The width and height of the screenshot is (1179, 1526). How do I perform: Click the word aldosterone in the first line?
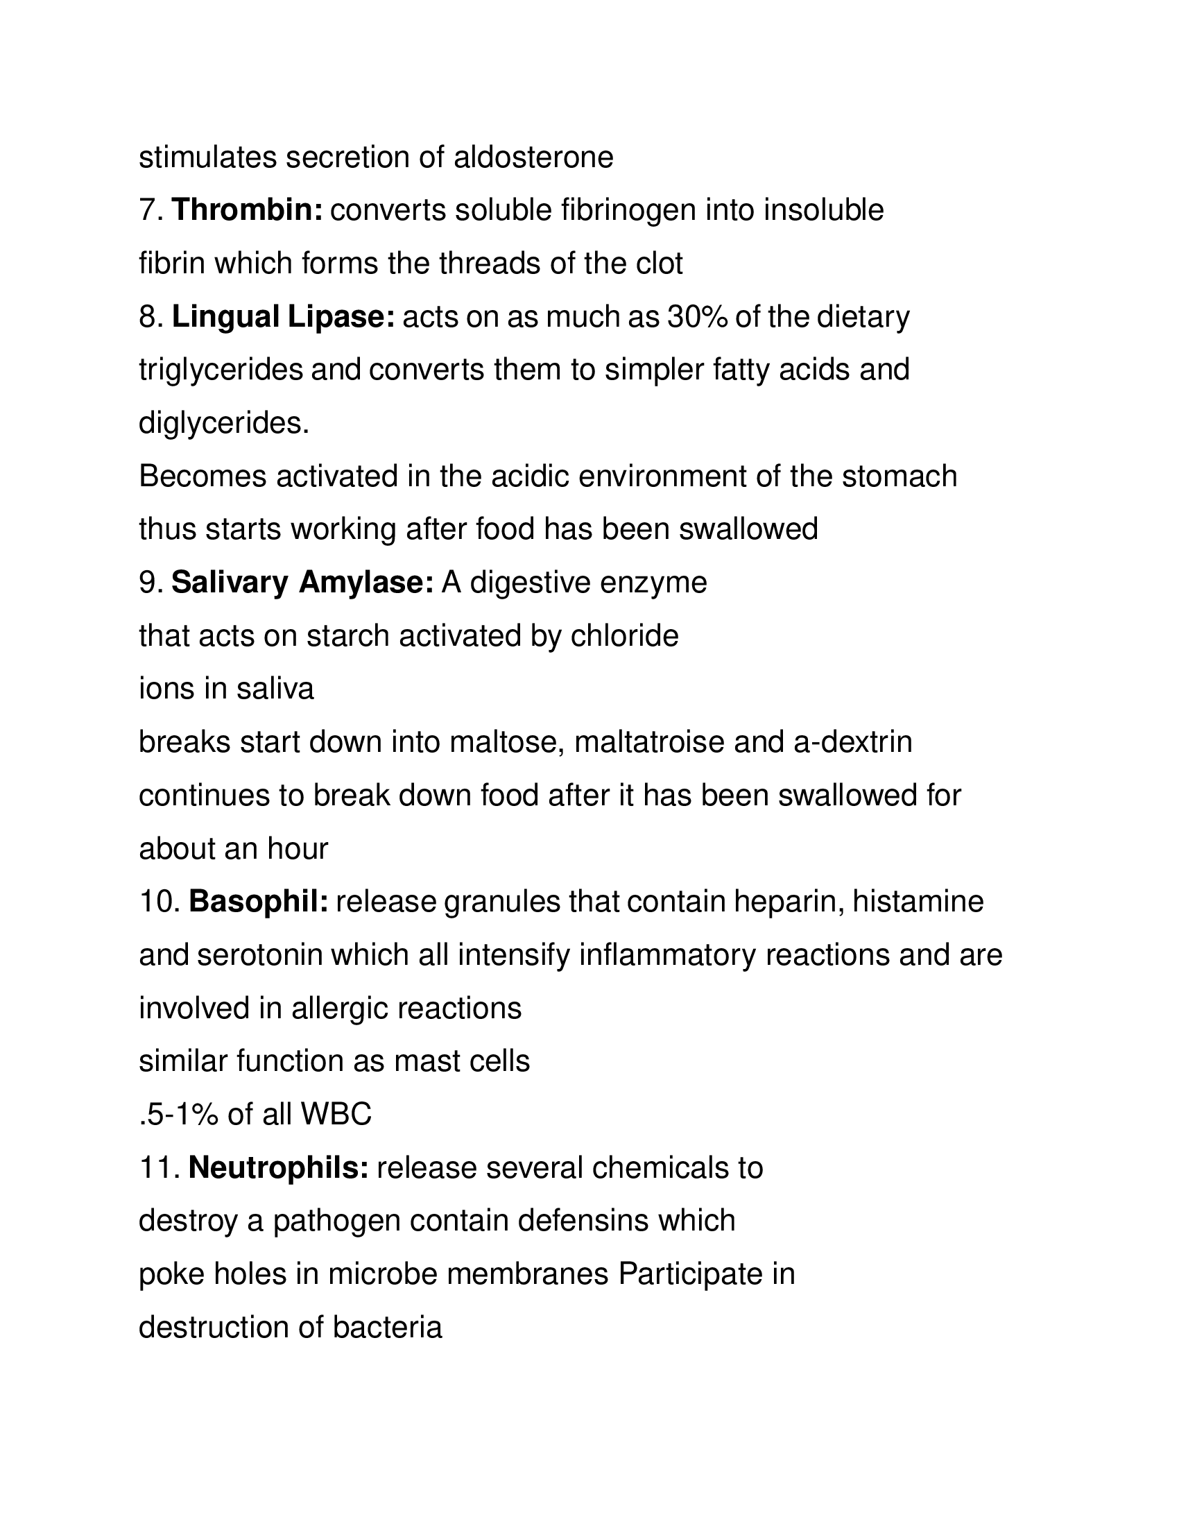(x=533, y=158)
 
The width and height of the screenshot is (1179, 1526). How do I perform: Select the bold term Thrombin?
(x=248, y=211)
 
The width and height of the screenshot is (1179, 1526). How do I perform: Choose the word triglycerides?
(x=221, y=370)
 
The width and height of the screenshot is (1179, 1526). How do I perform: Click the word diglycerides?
(x=223, y=423)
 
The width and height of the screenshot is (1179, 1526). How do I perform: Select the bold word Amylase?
(x=366, y=583)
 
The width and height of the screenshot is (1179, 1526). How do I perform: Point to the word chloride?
(x=624, y=637)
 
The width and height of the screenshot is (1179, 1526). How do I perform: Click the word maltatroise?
(x=649, y=743)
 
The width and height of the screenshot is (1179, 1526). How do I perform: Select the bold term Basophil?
(x=259, y=902)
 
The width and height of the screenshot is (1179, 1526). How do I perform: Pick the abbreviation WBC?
(x=336, y=1115)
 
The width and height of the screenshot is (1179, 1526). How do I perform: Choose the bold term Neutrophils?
(x=279, y=1167)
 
